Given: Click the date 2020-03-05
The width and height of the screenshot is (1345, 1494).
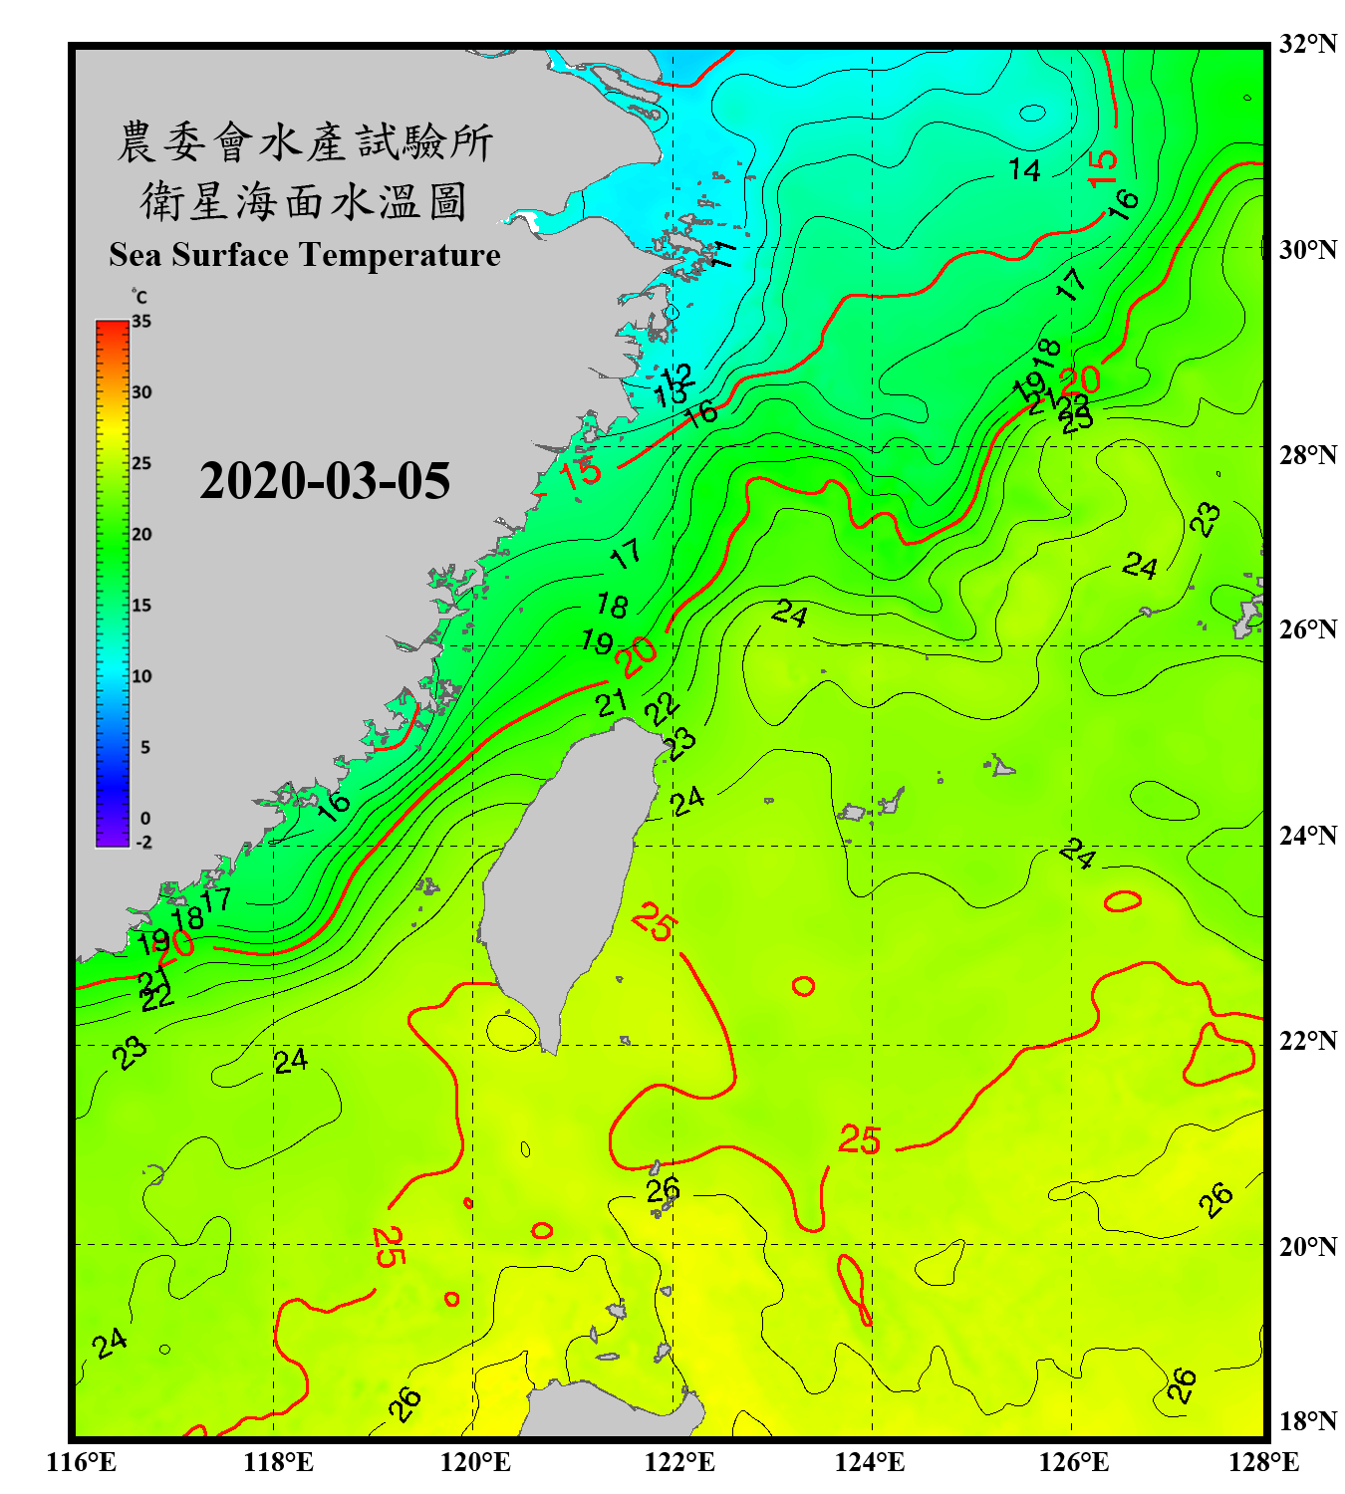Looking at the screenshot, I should tap(325, 481).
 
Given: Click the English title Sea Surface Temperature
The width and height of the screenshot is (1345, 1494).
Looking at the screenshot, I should tap(305, 255).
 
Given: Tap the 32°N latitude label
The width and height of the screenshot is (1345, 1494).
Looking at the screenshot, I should tap(1307, 44).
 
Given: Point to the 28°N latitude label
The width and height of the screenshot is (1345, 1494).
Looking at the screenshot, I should tap(1307, 455).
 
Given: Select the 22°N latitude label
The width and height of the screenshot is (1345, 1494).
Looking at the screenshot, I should tap(1307, 1041).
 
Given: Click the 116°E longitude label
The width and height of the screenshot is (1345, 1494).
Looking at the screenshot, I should tap(82, 1462).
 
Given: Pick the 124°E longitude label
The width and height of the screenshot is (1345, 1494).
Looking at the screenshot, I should tap(870, 1462).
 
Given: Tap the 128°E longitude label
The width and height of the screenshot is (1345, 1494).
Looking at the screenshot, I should tap(1263, 1462).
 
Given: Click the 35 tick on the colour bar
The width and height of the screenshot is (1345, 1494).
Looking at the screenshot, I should tap(141, 322).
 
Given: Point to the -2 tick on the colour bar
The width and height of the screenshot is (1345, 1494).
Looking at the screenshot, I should tap(143, 843).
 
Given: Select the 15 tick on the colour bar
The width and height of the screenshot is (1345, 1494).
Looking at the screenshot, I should tap(141, 606).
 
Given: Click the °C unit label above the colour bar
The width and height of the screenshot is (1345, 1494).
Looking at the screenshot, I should tap(139, 297).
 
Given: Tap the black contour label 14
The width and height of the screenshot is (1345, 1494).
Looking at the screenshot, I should tap(1024, 170).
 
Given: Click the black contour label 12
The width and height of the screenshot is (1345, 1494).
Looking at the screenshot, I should tap(676, 375).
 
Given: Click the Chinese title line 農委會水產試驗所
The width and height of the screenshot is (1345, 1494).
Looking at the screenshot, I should tap(305, 142).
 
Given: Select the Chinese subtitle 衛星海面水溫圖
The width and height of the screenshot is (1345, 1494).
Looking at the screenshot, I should tap(304, 202).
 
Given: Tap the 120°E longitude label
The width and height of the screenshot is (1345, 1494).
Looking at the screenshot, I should tap(475, 1462).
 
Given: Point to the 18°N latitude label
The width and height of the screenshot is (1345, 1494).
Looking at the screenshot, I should tap(1307, 1421).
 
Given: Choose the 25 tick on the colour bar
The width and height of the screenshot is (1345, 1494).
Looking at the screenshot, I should tap(141, 463).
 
